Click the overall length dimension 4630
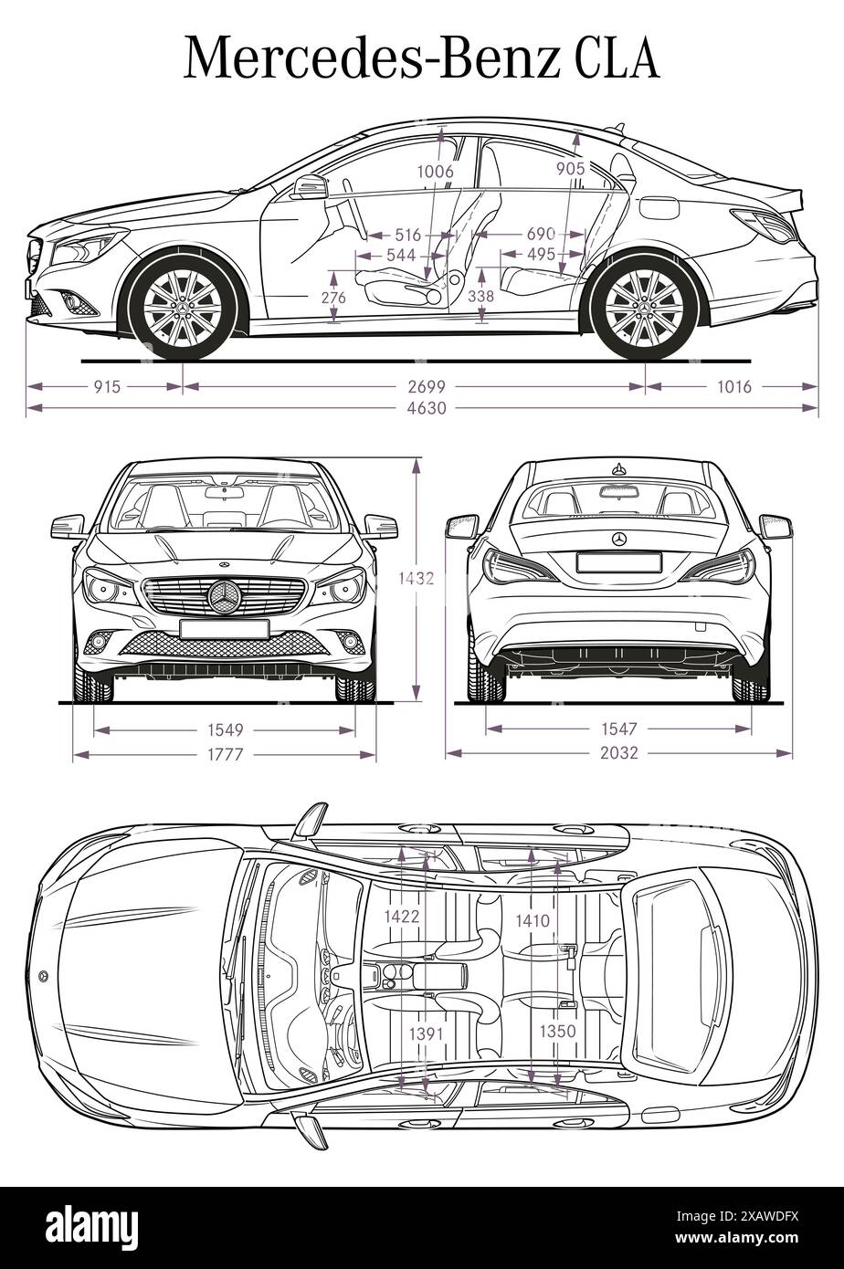pos(427,408)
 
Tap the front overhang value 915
pos(107,386)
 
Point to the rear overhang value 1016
pos(733,386)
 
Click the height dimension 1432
pos(417,577)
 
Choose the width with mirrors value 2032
pos(619,753)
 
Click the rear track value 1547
pos(619,729)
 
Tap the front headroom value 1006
pos(435,171)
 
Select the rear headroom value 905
pos(570,168)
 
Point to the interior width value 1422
pos(402,917)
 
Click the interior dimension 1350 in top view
pos(557,1031)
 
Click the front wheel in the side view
pos(182,306)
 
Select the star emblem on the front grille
pos(223,596)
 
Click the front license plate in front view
pos(224,628)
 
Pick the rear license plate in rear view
pos(619,562)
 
